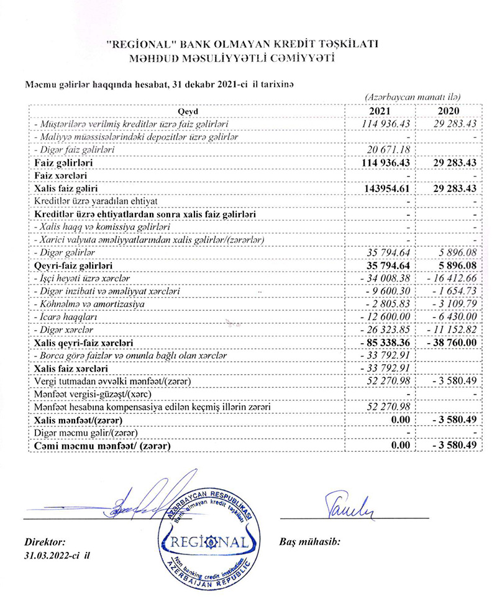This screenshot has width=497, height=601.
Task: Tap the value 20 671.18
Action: (x=386, y=150)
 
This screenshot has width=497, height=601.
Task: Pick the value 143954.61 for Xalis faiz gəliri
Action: (x=384, y=188)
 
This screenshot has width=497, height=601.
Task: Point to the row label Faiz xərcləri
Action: (x=62, y=175)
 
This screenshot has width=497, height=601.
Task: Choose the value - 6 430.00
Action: (x=449, y=316)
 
